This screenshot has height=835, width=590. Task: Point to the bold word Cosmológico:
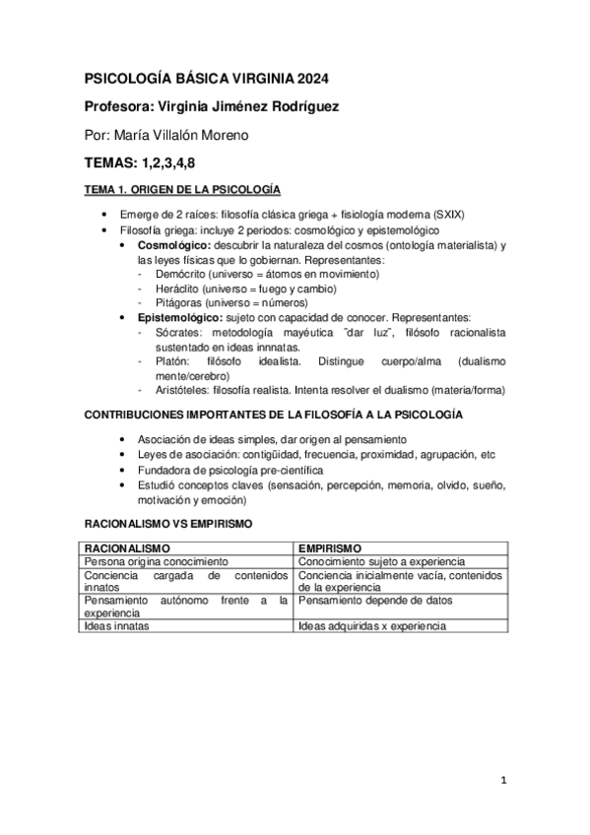click(x=173, y=244)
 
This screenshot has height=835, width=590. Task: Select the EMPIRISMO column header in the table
click(x=331, y=547)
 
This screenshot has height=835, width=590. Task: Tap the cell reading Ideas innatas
click(x=113, y=626)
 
